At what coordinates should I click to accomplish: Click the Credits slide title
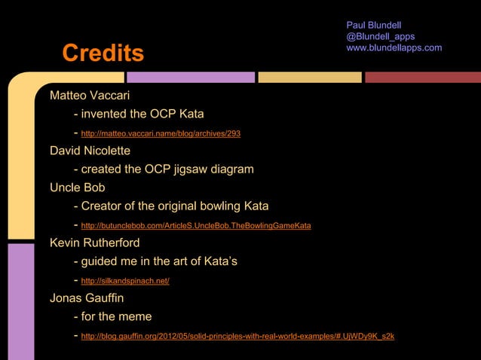tap(103, 53)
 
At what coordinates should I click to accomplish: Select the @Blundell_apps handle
tap(380, 37)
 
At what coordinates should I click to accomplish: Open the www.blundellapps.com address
tap(394, 48)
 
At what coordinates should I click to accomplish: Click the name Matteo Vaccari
tap(90, 96)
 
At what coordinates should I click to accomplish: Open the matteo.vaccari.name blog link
tap(161, 133)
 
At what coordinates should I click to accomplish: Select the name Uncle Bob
tap(77, 187)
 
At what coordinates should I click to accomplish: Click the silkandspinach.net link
tap(124, 281)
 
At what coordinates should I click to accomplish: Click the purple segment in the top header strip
tap(191, 77)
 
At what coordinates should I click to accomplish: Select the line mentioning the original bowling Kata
tap(175, 206)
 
